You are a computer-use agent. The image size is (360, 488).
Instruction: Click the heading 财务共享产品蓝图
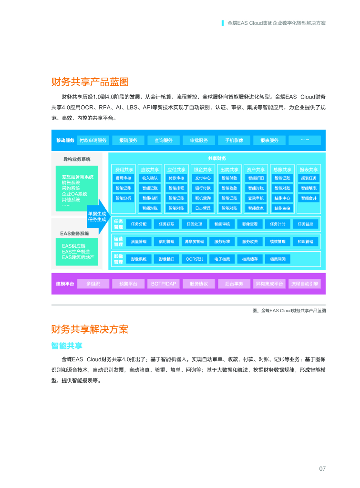(90, 81)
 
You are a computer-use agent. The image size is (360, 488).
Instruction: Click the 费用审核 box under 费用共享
(123, 178)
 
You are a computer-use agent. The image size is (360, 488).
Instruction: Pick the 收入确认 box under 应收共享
(149, 178)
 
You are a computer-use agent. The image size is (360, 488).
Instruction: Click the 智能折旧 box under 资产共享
(256, 178)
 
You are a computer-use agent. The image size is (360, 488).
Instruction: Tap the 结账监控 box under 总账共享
(282, 208)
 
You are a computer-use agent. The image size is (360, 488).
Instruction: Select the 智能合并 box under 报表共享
(309, 198)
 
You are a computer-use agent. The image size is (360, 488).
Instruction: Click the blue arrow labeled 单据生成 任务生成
(98, 216)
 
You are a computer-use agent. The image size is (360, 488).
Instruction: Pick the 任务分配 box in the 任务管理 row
(139, 224)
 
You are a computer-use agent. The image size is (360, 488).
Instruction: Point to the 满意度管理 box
(195, 241)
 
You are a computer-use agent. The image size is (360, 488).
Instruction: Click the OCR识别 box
(195, 259)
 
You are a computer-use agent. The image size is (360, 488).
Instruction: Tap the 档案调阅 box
(278, 259)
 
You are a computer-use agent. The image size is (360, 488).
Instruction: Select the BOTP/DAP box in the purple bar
(164, 284)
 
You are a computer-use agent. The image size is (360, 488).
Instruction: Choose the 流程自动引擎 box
(305, 284)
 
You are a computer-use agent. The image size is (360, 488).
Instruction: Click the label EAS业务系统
(74, 234)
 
